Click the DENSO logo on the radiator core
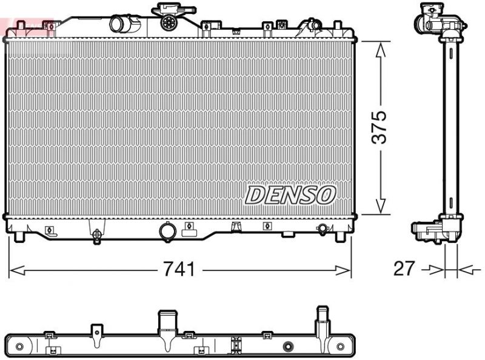(x=290, y=195)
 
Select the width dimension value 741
(x=179, y=268)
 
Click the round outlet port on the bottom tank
(x=166, y=231)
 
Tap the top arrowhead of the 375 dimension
(x=380, y=48)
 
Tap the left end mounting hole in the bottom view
(x=19, y=347)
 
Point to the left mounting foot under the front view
(x=18, y=236)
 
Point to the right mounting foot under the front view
(x=341, y=236)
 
